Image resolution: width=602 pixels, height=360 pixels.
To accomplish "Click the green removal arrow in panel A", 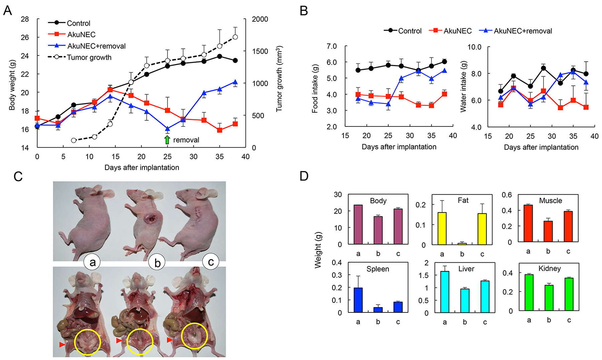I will coord(167,140).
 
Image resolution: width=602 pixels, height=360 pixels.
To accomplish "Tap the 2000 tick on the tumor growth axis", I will coord(260,19).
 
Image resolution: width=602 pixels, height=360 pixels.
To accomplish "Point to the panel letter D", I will coord(304,176).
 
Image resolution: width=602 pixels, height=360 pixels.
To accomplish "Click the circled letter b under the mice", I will coord(157,263).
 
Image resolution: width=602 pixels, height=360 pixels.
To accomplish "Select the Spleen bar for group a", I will coord(358,300).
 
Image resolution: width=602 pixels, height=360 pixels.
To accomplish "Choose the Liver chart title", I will coord(466,269).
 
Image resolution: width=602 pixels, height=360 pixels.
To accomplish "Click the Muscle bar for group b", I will coord(548,231).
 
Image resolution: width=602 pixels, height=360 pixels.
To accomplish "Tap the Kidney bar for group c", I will coord(569,294).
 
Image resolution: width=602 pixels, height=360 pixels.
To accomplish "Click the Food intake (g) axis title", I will coord(315,89).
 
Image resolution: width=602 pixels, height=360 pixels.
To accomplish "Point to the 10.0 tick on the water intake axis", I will coord(474,47).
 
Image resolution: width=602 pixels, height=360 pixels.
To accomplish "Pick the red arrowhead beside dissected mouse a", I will coord(62,344).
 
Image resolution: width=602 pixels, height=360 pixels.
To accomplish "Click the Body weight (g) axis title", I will coord(12,85).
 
